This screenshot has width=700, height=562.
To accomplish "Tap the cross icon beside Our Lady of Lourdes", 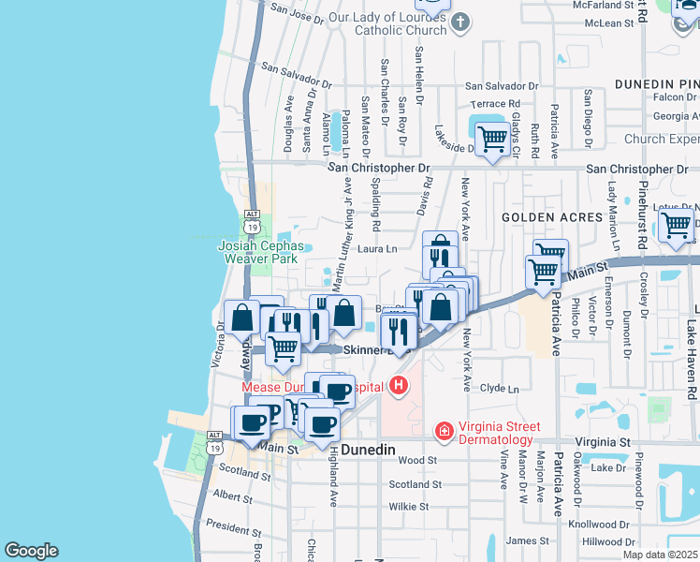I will [x=459, y=21].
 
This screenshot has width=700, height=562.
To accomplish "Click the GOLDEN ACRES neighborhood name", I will [x=551, y=217].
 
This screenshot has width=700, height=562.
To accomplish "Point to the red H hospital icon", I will [x=400, y=385].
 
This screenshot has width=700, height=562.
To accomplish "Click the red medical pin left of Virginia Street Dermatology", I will [x=445, y=431].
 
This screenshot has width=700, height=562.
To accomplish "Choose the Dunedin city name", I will [x=370, y=450].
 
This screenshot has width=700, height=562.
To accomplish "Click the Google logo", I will [x=31, y=551].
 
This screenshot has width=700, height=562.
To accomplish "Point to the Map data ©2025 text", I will [x=661, y=555].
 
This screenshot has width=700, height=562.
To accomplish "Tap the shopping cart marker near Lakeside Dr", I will [x=491, y=140].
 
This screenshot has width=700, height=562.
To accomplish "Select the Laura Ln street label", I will [x=377, y=249].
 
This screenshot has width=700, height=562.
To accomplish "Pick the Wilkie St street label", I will [x=409, y=507].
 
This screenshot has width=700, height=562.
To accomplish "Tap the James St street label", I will [x=528, y=540].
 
